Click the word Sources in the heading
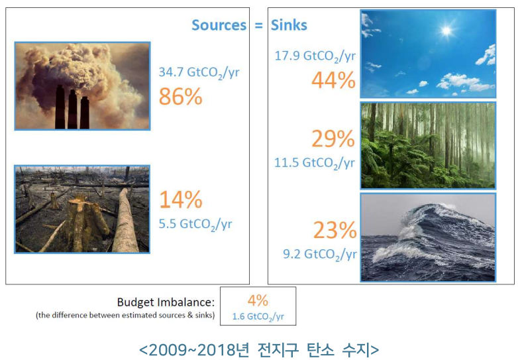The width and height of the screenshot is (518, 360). pyautogui.click(x=219, y=25)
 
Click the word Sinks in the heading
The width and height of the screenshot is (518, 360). pyautogui.click(x=289, y=25)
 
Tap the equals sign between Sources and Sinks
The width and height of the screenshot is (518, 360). pyautogui.click(x=259, y=25)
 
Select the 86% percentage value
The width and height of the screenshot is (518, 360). pyautogui.click(x=180, y=97)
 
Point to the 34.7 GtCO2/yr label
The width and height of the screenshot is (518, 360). pyautogui.click(x=199, y=72)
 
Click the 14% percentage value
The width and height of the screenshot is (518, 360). pyautogui.click(x=180, y=200)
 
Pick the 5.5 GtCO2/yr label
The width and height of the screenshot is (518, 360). pyautogui.click(x=195, y=225)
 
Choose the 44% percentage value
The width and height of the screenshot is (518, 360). pyautogui.click(x=334, y=80)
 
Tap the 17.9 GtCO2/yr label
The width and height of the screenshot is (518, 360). pyautogui.click(x=315, y=56)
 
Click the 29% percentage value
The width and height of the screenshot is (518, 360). pyautogui.click(x=333, y=139)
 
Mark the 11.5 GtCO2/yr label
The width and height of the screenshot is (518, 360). pyautogui.click(x=315, y=163)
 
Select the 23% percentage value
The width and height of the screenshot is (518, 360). pyautogui.click(x=335, y=230)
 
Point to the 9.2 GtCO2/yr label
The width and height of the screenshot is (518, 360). pyautogui.click(x=320, y=255)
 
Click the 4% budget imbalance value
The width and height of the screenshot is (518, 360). pyautogui.click(x=258, y=300)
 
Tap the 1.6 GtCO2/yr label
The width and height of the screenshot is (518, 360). pyautogui.click(x=258, y=317)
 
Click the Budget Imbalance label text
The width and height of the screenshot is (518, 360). pyautogui.click(x=166, y=302)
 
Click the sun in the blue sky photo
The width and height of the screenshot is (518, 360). pyautogui.click(x=446, y=31)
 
